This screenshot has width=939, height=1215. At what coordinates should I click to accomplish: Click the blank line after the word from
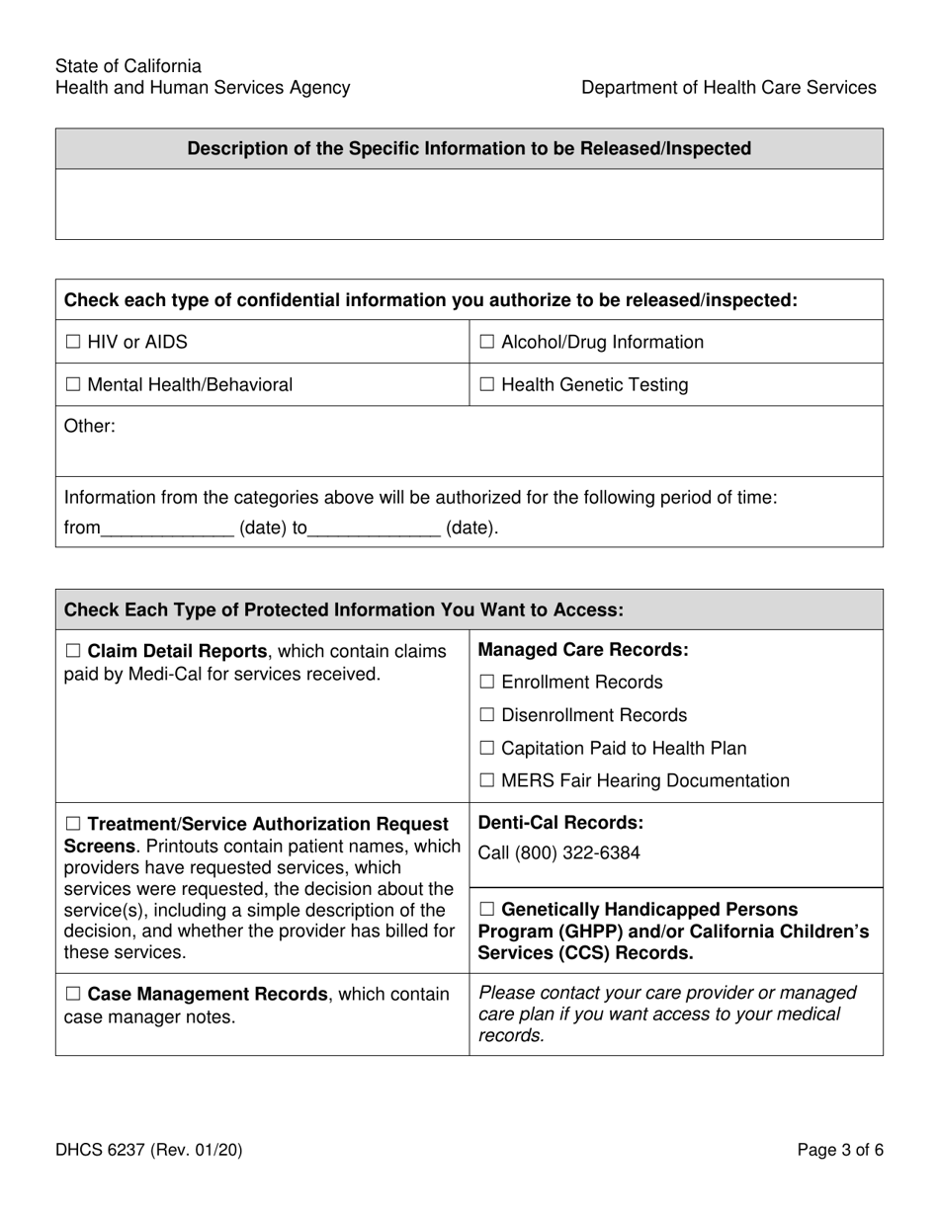167,529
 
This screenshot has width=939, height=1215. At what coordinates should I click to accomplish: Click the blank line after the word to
374,529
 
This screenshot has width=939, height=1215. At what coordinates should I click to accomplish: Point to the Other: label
90,428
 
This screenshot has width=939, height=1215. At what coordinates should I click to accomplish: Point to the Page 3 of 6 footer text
840,1150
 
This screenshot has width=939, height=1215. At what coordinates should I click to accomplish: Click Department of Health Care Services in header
728,88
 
